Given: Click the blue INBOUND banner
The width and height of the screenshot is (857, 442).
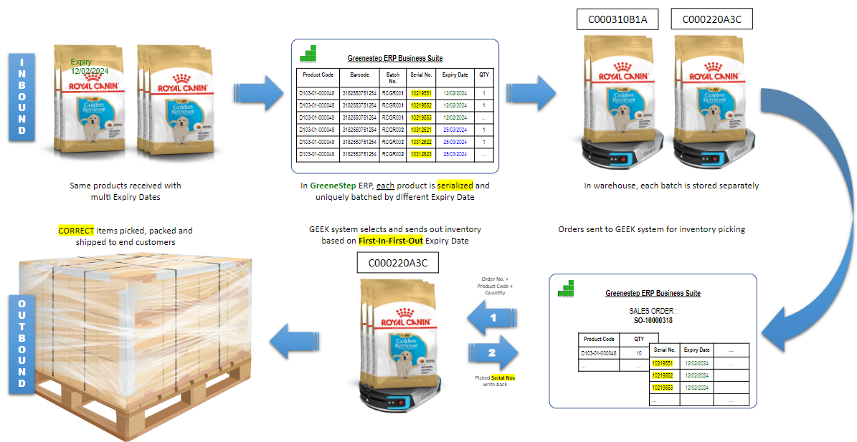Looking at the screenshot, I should click(22, 95).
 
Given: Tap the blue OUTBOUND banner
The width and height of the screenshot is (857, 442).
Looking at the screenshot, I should click(22, 343).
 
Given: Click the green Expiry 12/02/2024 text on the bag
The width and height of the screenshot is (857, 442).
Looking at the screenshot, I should click(90, 67).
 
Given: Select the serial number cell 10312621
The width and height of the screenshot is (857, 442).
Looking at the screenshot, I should click(421, 130).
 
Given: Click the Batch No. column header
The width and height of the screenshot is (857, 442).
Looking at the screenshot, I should click(392, 77).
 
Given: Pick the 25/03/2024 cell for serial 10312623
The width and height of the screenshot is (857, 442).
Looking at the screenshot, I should click(455, 154).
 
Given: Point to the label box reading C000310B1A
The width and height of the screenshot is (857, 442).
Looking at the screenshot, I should click(617, 19).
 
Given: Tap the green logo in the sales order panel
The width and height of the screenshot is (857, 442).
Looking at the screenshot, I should click(567, 289).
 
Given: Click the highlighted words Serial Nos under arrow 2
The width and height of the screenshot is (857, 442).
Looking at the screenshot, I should click(503, 377).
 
